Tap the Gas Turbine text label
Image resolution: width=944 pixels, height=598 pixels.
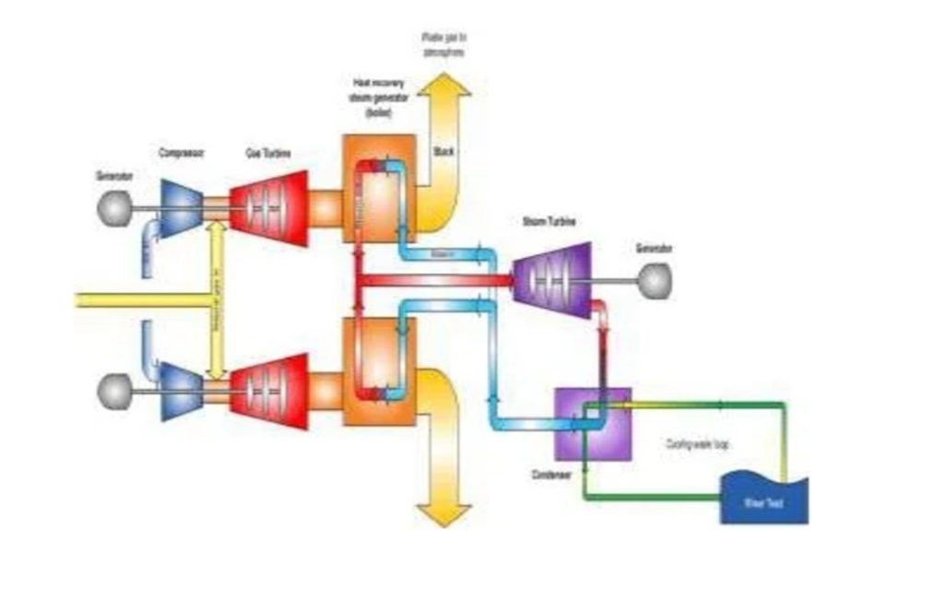pos(268,154)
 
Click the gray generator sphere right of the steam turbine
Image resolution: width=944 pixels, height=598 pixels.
pos(655,281)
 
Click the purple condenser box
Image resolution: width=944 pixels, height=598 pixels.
pos(593,423)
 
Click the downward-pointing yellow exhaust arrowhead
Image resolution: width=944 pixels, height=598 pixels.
pos(443,513)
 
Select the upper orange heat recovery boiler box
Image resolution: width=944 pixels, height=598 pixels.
pos(378,188)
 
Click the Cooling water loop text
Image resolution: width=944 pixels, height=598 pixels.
pos(698,443)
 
